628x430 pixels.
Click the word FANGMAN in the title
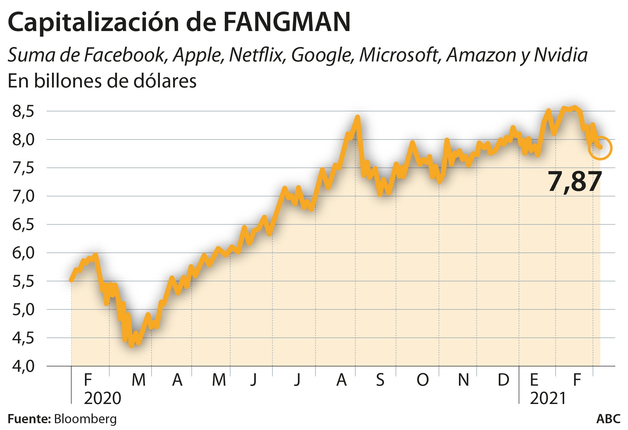(287, 22)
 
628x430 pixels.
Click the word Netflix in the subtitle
(256, 55)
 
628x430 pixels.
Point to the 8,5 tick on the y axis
(23, 111)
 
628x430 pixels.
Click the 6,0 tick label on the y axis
(23, 253)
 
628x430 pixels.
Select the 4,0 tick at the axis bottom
(23, 366)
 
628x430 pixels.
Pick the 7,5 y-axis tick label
(23, 168)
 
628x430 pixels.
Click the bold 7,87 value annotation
(575, 181)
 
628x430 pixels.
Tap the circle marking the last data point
(600, 148)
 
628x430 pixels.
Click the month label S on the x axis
(380, 380)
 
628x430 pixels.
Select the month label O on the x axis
(422, 380)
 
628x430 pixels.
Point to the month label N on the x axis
(463, 380)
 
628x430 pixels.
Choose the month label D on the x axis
(503, 380)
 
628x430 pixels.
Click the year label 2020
(103, 398)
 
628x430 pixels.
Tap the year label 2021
(548, 398)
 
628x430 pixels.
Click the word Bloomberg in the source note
(85, 419)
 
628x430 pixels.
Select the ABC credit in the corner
(608, 419)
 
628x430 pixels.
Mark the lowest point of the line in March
(131, 345)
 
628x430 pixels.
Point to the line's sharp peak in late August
(358, 117)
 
